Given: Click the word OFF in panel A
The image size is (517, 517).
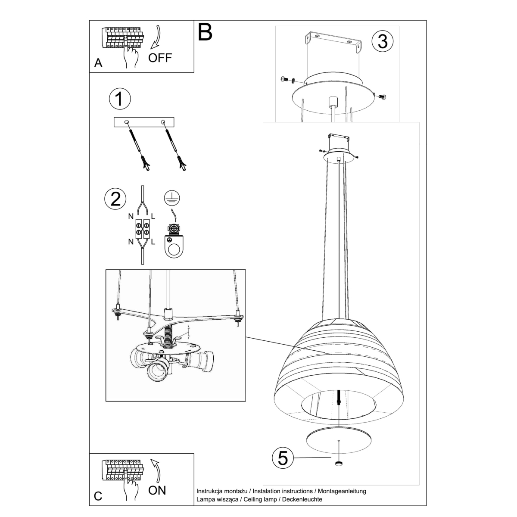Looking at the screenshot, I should coord(160,58).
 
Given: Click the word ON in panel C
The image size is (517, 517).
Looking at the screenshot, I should coord(157,490).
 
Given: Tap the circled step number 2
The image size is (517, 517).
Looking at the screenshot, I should coord(115,199).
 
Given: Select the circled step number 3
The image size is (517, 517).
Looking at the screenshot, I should coord(383,41).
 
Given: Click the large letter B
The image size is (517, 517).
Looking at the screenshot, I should coord(206,32).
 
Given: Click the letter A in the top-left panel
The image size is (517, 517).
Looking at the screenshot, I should coord(98,63).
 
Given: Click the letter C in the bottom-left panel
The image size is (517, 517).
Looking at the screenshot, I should coord(98,496).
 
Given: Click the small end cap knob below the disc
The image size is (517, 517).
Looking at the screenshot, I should coord(339,464).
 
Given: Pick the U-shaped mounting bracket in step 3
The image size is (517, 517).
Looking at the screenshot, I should coord(333,41).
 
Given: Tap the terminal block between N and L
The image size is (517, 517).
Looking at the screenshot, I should coord(143,229).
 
